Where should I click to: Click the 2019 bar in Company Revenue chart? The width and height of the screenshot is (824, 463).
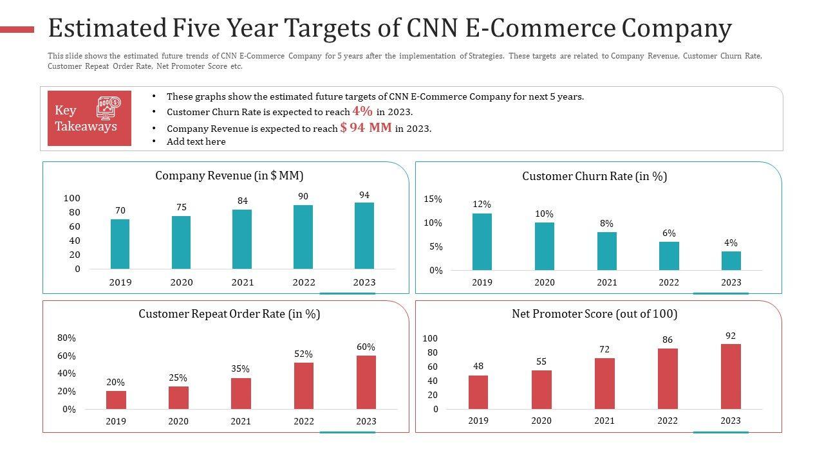tap(120, 244)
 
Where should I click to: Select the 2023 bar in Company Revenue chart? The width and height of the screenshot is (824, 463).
tap(364, 236)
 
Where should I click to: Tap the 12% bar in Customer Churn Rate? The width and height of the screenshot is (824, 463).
tap(482, 242)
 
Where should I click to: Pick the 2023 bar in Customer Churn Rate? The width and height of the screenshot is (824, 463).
tap(731, 261)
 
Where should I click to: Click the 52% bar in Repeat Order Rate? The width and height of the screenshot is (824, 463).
tap(304, 386)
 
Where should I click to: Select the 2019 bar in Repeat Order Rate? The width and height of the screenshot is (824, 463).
tap(116, 400)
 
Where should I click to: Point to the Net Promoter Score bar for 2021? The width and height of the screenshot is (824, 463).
tap(604, 383)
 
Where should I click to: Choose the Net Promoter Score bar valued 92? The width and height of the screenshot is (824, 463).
tap(731, 376)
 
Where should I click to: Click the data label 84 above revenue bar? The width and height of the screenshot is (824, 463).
tap(242, 201)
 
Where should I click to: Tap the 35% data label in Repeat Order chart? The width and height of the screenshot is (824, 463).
tap(241, 369)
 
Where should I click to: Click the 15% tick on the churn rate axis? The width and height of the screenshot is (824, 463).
tap(433, 199)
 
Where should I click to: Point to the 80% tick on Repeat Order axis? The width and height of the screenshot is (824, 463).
tap(66, 338)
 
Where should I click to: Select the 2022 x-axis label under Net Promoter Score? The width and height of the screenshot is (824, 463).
tap(668, 421)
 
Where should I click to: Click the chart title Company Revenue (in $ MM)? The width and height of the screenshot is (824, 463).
tap(229, 176)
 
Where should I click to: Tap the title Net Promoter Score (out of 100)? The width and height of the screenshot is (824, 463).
tap(594, 314)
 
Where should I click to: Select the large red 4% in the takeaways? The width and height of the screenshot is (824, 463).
tap(362, 111)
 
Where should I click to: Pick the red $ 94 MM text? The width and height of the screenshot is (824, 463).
tap(366, 127)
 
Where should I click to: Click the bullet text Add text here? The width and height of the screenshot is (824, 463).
tap(196, 141)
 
